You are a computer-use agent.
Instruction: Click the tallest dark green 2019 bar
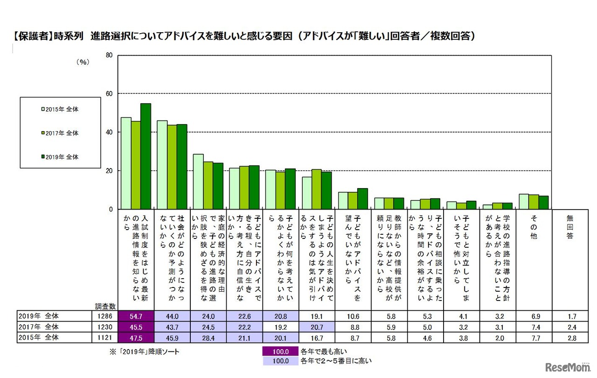pos(146,156)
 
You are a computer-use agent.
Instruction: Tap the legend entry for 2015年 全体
pos(60,109)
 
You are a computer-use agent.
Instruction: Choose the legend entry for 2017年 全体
pos(60,133)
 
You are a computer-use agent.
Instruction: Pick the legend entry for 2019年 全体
pos(60,157)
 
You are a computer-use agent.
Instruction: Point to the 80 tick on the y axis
pos(109,55)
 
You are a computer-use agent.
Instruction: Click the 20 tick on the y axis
pos(109,171)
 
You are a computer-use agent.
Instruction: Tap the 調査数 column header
pos(106,306)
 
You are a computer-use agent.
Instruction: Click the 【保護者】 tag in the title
pos(33,35)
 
